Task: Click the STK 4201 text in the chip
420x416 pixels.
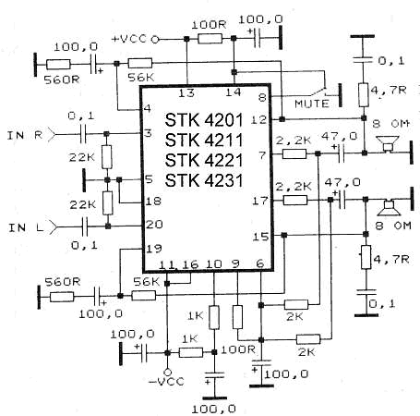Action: tap(204, 120)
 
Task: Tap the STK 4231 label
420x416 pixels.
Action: tap(204, 180)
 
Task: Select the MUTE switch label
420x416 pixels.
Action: tap(312, 104)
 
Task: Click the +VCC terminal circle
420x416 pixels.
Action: tap(155, 39)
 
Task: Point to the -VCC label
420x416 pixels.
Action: tap(166, 382)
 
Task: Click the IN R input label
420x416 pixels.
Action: tap(25, 135)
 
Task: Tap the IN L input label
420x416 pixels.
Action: tap(26, 227)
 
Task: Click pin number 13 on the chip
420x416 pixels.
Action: tap(186, 92)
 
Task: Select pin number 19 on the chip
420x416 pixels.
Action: tap(154, 248)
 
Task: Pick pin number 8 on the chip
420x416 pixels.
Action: tap(262, 98)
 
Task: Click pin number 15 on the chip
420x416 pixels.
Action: tap(260, 237)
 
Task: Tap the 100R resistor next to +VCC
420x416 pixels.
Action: tap(210, 39)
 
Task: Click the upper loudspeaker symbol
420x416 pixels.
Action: tap(388, 144)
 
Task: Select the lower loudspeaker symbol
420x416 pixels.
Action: tap(390, 208)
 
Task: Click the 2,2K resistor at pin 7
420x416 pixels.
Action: tap(294, 153)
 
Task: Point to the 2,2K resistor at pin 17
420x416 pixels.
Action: tap(295, 201)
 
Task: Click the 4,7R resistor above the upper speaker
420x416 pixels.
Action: tap(364, 94)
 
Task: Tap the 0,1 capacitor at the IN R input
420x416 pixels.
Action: tap(83, 134)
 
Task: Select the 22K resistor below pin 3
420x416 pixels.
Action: tap(107, 157)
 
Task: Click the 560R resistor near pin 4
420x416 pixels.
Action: tap(58, 65)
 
